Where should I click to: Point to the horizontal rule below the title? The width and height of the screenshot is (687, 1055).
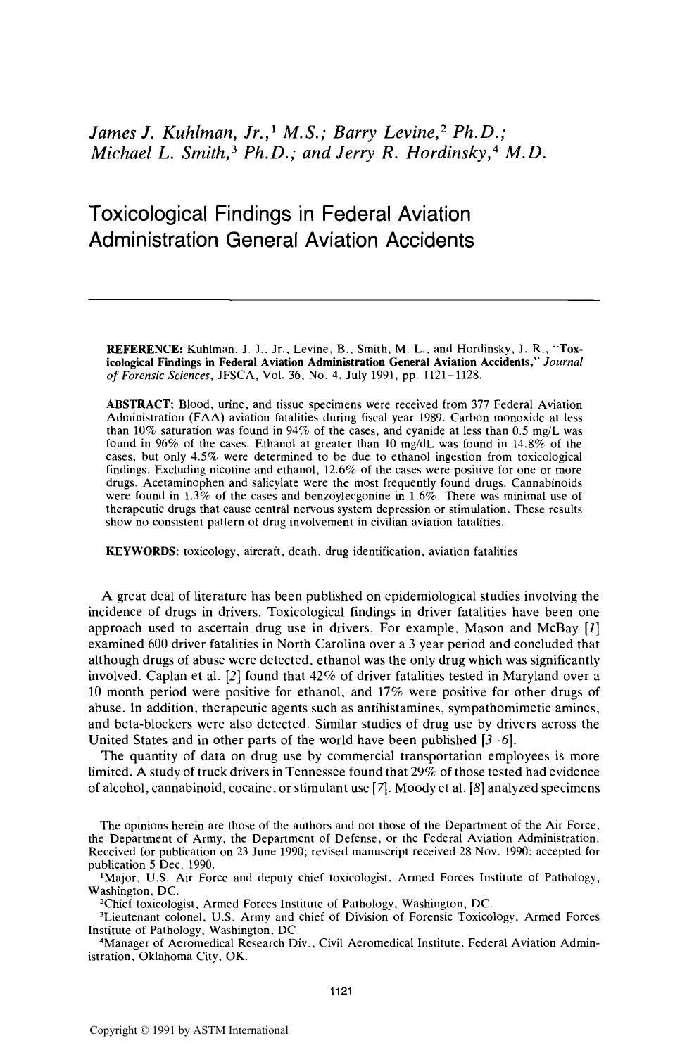(343, 300)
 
